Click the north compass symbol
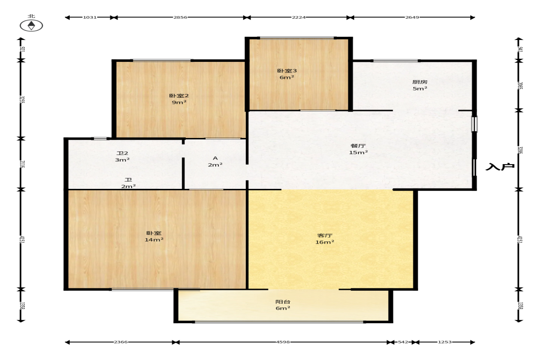tap(31, 26)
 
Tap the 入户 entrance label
tap(500, 167)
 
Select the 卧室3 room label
tap(287, 71)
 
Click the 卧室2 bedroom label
tap(179, 96)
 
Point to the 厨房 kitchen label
tap(420, 82)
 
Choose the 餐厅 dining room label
tap(358, 146)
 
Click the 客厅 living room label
tap(325, 236)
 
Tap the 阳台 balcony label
tap(283, 302)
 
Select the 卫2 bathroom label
tap(122, 154)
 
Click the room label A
tap(215, 158)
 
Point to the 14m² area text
tap(154, 239)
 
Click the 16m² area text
tap(325, 242)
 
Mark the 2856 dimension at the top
tap(180, 17)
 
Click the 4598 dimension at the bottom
tap(283, 342)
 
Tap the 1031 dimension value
tap(89, 17)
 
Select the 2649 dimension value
tap(412, 17)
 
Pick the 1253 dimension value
tap(445, 342)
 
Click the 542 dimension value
tap(403, 342)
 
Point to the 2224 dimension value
tap(299, 17)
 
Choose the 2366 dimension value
tap(121, 342)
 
